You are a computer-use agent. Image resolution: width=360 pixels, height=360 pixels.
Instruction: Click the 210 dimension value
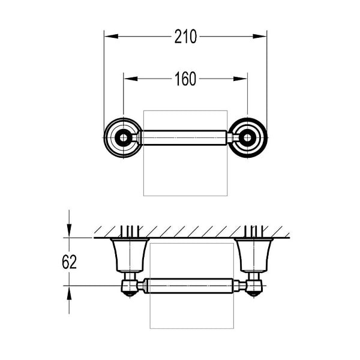(185, 37)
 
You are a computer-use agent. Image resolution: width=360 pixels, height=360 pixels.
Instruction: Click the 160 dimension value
(185, 79)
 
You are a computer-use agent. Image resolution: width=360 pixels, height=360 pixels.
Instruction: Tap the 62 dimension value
(69, 262)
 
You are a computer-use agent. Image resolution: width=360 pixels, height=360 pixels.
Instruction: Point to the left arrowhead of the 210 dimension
(112, 36)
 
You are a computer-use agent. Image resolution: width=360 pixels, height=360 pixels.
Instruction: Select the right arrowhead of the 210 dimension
(259, 36)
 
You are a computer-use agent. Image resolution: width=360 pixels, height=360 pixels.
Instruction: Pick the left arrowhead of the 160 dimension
(131, 79)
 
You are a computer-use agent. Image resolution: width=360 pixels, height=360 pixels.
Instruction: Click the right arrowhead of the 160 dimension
(240, 79)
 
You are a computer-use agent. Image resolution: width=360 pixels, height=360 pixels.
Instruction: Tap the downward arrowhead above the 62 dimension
(69, 231)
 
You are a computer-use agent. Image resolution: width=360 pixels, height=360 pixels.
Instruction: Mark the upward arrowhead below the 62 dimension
(69, 293)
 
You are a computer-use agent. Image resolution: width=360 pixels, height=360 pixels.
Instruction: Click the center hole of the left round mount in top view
(124, 138)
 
